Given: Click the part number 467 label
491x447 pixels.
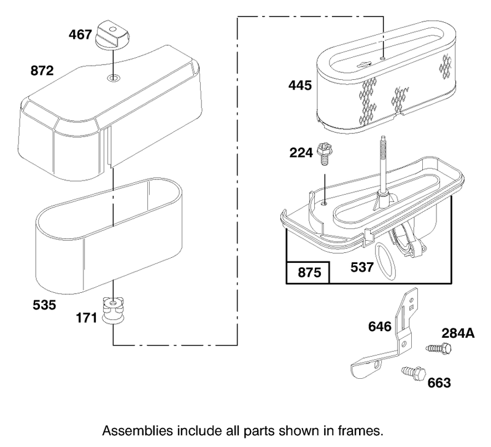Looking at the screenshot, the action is click(80, 34).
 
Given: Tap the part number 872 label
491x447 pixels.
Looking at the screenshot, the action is click(42, 71).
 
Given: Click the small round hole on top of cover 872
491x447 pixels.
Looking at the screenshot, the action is click(113, 78).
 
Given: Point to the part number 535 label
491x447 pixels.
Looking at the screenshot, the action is click(44, 305).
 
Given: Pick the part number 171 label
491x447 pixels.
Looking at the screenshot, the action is click(87, 318).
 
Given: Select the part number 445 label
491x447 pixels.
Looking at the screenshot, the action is click(300, 85).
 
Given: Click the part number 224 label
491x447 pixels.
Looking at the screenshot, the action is click(301, 153).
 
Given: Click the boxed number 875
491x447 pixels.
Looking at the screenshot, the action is click(309, 273).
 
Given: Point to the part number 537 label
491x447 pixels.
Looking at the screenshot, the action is click(362, 267).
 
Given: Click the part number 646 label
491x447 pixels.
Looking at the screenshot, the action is click(380, 327).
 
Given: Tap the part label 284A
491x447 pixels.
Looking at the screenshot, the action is click(458, 333).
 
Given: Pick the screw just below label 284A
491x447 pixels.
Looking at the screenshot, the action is click(439, 348).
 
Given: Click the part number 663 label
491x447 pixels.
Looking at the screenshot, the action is click(439, 383).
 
